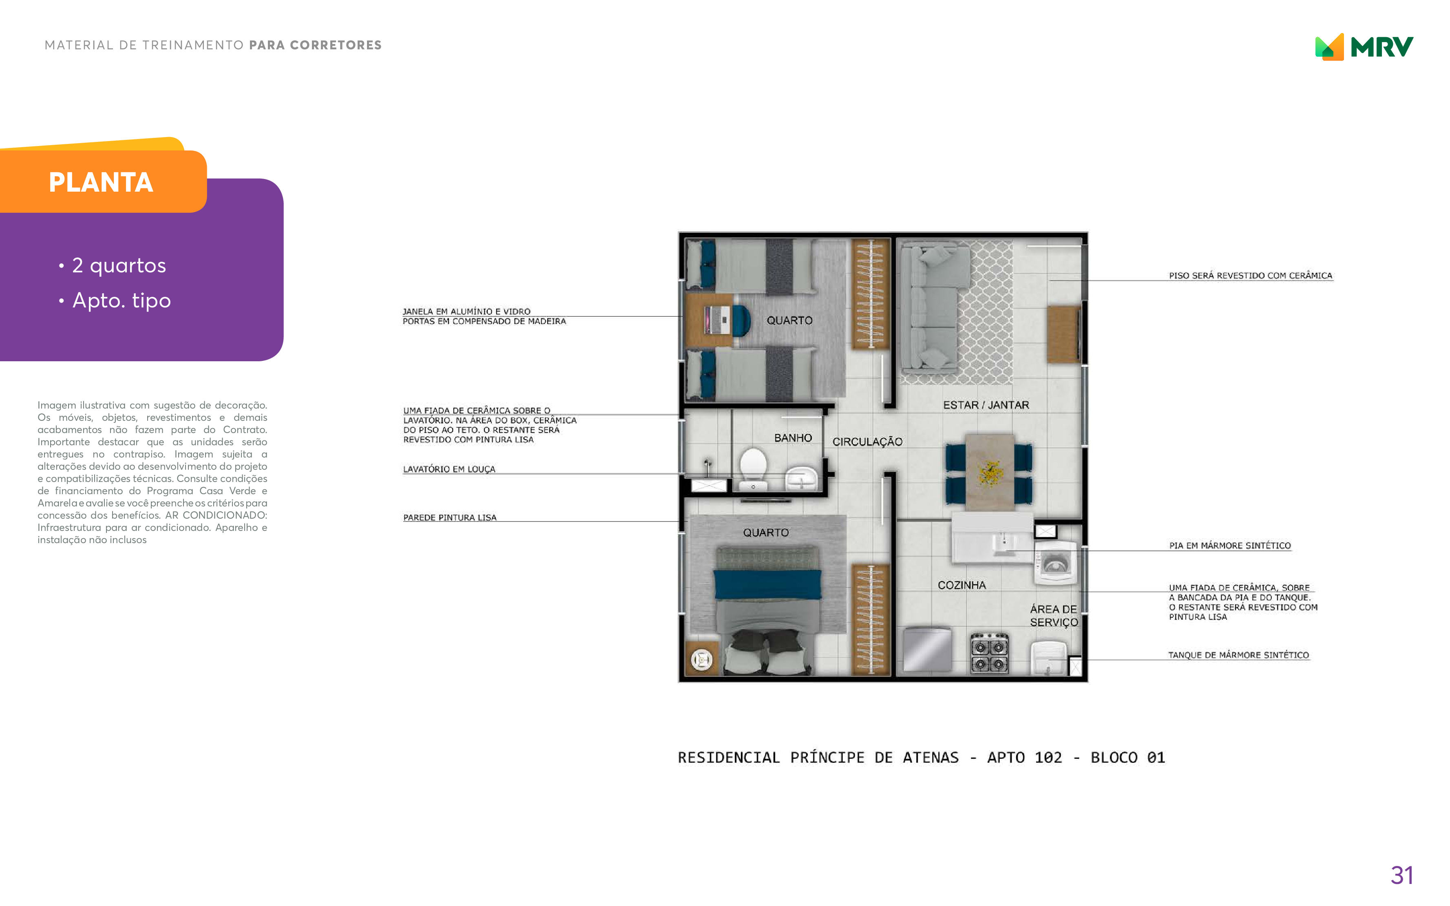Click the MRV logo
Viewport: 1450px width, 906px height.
click(x=1364, y=47)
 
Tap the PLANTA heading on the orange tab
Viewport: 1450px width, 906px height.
click(x=101, y=182)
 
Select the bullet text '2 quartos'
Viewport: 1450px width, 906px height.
click(x=119, y=265)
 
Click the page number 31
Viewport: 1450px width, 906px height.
click(x=1402, y=875)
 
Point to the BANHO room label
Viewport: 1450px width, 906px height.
click(x=793, y=438)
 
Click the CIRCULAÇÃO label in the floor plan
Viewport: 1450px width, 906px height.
click(x=867, y=442)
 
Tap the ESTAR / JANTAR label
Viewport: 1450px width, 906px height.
click(x=986, y=405)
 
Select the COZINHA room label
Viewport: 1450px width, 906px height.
click(x=961, y=585)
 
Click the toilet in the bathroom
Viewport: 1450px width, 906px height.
click(x=753, y=469)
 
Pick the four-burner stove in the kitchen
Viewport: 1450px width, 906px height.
click(x=989, y=653)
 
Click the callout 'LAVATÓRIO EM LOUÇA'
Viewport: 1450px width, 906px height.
click(x=449, y=469)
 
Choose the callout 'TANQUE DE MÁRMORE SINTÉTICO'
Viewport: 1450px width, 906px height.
click(x=1238, y=655)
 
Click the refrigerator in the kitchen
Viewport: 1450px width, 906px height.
click(x=927, y=649)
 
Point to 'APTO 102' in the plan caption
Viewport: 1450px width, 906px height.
click(x=1025, y=758)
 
